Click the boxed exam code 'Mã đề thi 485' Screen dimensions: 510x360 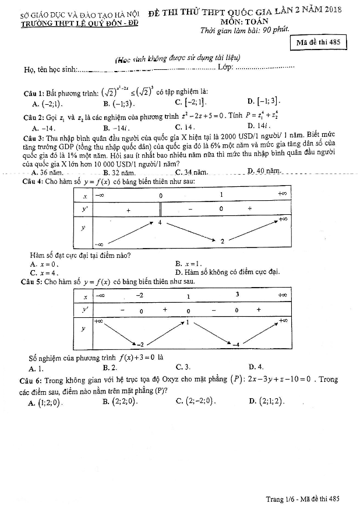pyautogui.click(x=318, y=42)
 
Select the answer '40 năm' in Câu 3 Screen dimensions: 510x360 pyautogui.click(x=267, y=171)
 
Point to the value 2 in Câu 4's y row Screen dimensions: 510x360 pyautogui.click(x=222, y=241)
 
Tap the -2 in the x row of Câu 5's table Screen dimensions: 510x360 pyautogui.click(x=140, y=296)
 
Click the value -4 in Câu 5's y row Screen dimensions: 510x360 pyautogui.click(x=237, y=345)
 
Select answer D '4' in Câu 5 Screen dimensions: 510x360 pyautogui.click(x=259, y=367)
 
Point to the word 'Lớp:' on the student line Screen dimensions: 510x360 pyautogui.click(x=225, y=69)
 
